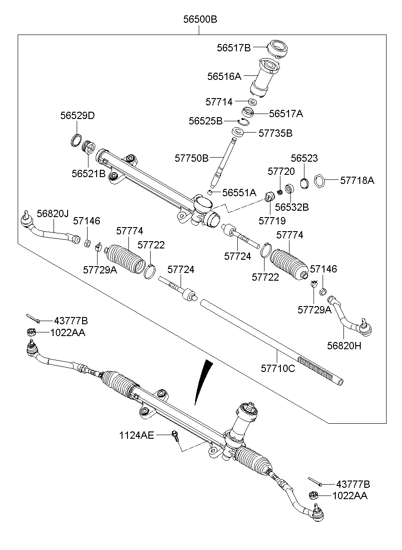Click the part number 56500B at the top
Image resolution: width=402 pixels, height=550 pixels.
(200, 20)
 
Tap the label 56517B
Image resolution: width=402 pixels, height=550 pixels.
(233, 48)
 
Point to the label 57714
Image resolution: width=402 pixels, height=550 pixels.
(219, 102)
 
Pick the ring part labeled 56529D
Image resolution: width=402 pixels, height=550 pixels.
(77, 140)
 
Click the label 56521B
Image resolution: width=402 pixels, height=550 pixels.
(88, 173)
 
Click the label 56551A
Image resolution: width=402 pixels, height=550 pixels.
(240, 193)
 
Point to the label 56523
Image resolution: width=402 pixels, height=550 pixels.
(304, 159)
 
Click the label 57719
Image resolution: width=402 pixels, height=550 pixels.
(272, 221)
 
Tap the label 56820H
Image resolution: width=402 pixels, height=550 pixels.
(344, 346)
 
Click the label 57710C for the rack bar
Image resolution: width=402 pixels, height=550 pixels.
(278, 368)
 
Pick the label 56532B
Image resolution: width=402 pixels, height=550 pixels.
(292, 207)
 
